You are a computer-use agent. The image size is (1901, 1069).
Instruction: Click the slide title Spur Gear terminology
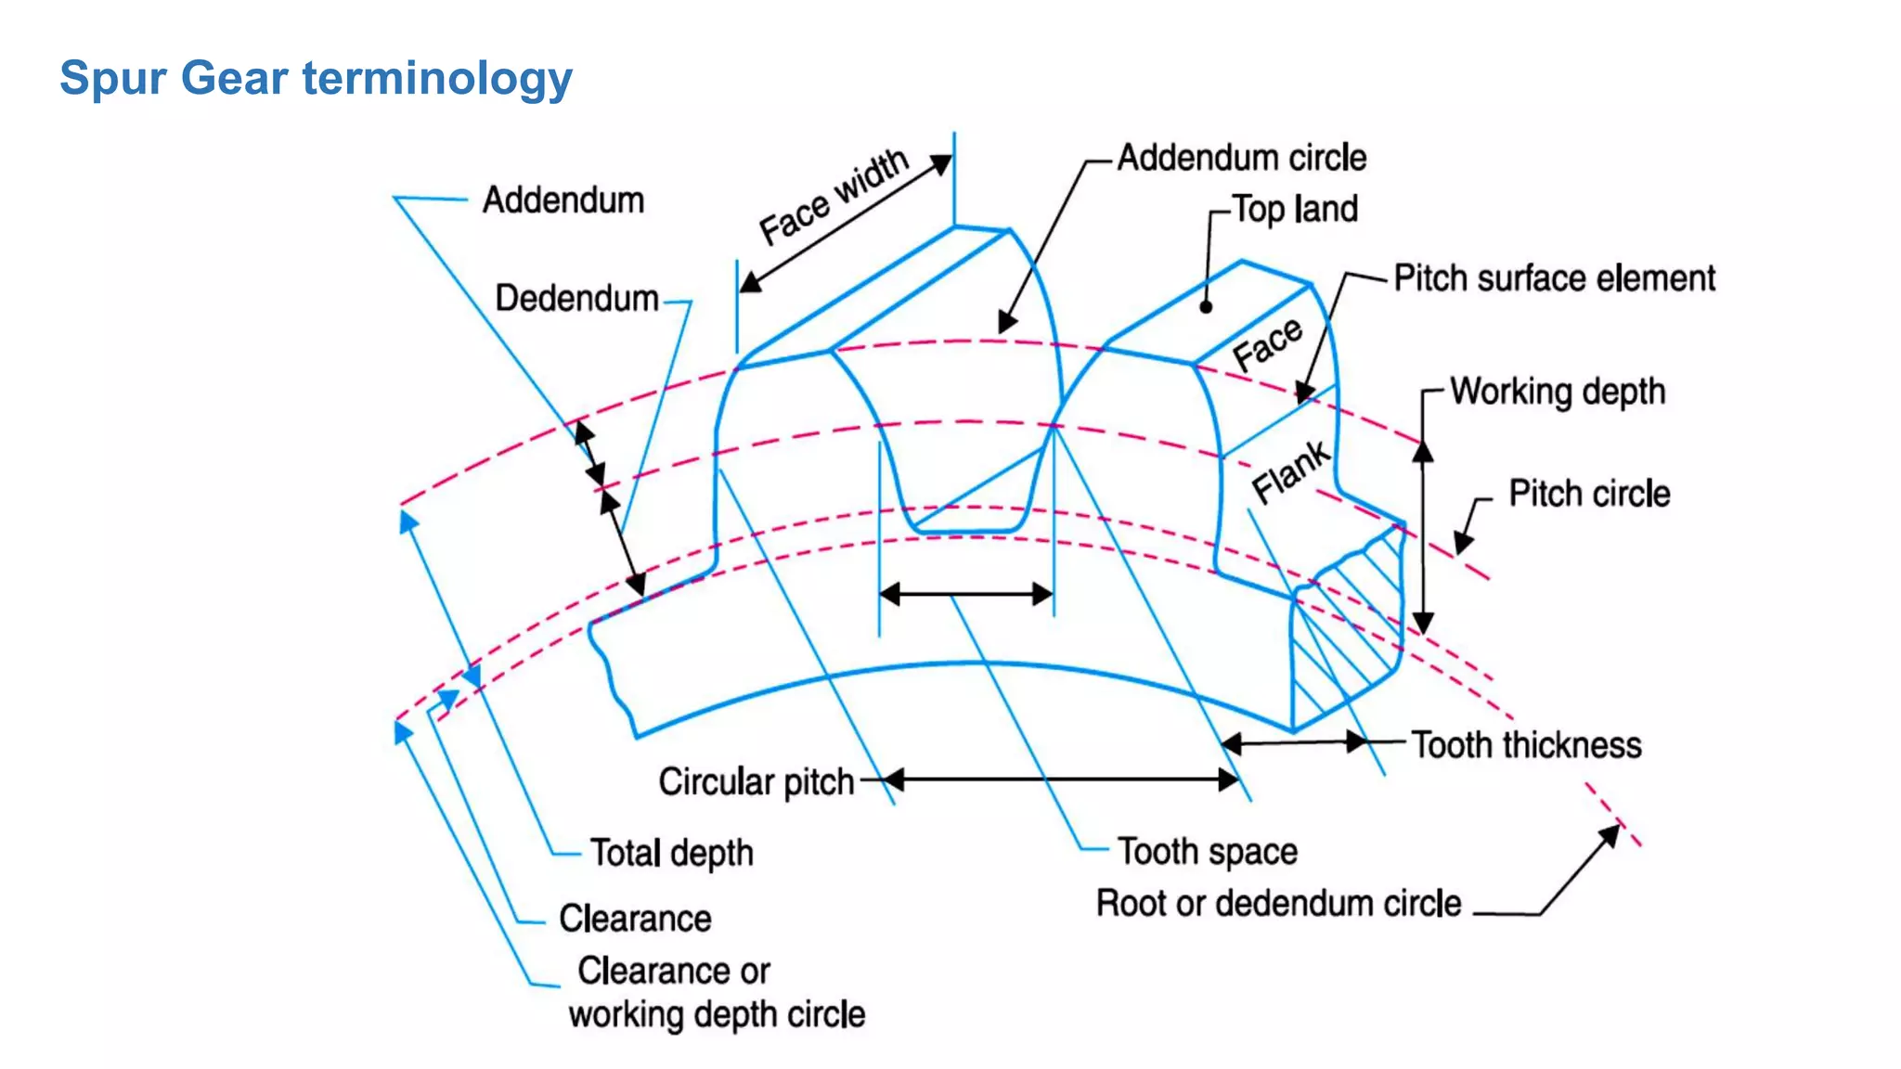click(x=316, y=78)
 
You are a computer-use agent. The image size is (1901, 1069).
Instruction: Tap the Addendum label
click(x=563, y=200)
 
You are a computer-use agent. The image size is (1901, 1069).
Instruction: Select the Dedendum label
click(x=576, y=299)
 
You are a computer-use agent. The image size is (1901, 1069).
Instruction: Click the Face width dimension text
click(x=833, y=197)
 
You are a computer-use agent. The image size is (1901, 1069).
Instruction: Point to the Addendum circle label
click(x=1241, y=158)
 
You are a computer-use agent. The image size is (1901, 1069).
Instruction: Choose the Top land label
click(x=1295, y=210)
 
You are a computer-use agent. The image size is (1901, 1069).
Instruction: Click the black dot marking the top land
click(x=1206, y=307)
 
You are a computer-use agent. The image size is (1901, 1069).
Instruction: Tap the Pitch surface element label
click(x=1554, y=278)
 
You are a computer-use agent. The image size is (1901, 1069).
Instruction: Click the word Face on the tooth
click(x=1267, y=342)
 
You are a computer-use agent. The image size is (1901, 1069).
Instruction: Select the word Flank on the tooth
click(x=1290, y=471)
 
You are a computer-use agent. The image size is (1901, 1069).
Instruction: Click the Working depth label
click(x=1557, y=392)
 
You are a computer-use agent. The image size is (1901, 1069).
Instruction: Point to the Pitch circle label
click(x=1588, y=494)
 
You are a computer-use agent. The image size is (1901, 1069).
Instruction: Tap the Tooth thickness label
click(x=1526, y=745)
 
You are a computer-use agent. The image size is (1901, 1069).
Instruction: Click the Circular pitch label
click(x=756, y=782)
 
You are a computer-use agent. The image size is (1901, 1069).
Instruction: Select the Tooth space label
click(x=1207, y=852)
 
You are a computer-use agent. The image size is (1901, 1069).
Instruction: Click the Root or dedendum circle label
click(x=1278, y=904)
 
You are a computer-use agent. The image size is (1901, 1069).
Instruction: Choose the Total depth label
click(x=671, y=853)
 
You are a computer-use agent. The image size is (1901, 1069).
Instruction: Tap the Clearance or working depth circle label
click(x=715, y=993)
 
